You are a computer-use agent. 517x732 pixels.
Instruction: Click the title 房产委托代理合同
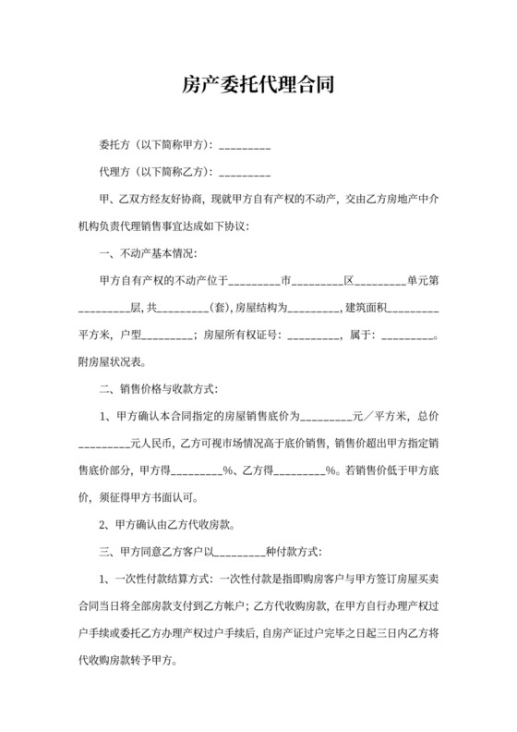258,86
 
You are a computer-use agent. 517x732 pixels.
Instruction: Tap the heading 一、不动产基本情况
147,254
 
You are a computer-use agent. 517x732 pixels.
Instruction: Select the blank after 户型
167,335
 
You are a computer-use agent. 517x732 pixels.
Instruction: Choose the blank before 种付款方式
242,552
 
